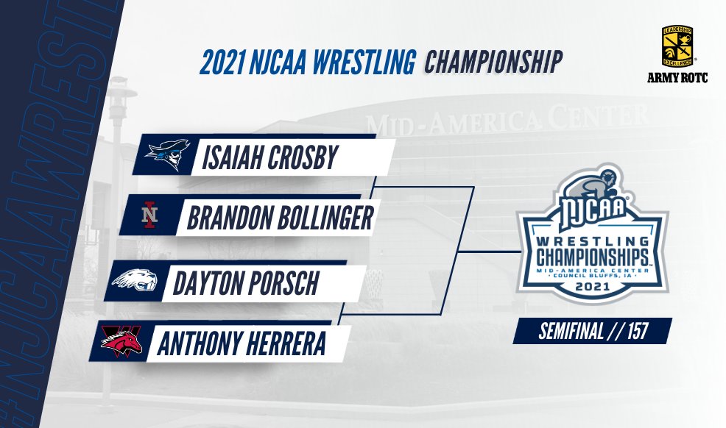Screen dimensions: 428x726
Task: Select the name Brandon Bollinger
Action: point(280,218)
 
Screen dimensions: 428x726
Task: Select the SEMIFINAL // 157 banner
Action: point(593,330)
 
